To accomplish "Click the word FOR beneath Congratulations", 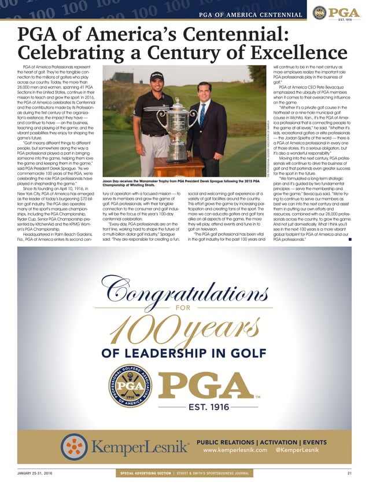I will [184, 310].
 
